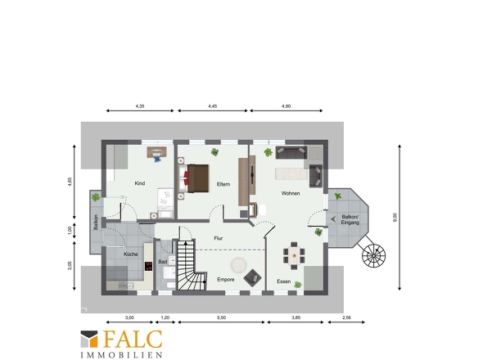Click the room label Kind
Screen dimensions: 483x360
point(139,183)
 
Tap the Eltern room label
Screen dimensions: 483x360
point(223,184)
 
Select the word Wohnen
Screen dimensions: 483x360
point(291,193)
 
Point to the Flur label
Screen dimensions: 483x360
point(219,238)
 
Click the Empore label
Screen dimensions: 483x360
point(226,280)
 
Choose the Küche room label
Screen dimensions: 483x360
point(131,254)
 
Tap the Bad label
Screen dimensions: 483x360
point(163,262)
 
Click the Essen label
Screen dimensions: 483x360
point(284,281)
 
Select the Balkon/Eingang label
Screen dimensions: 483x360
point(350,219)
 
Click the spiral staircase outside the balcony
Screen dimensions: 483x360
point(373,255)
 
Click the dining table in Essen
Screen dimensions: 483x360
point(294,255)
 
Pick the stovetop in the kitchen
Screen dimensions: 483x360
point(149,266)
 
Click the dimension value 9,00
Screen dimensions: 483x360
point(395,218)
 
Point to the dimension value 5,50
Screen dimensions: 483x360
point(221,317)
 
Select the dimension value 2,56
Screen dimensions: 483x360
point(346,317)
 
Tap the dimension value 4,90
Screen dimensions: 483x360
point(286,106)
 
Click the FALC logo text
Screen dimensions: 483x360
point(133,339)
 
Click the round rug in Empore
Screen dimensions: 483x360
point(239,265)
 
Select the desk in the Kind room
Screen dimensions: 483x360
point(157,152)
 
